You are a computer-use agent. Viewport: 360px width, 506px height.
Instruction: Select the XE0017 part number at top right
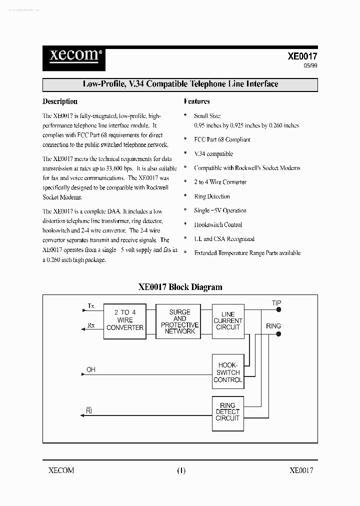click(302, 56)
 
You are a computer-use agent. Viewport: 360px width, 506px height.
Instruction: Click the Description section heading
click(60, 101)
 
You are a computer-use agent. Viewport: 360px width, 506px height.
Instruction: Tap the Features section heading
click(197, 101)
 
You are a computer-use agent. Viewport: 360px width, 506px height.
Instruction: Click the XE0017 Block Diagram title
click(180, 287)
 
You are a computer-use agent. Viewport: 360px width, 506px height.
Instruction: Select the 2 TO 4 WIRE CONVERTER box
click(125, 320)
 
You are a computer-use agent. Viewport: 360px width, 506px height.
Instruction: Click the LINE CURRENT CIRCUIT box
click(228, 321)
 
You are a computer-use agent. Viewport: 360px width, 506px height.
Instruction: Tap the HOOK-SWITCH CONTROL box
click(228, 372)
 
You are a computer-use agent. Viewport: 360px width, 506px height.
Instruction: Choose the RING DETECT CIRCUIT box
click(228, 412)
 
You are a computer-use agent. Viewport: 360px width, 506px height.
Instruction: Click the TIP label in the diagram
click(276, 303)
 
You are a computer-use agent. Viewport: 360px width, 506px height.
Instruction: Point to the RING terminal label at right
click(273, 326)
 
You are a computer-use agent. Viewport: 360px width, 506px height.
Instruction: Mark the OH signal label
click(91, 370)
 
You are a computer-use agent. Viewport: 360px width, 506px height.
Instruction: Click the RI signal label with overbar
click(89, 411)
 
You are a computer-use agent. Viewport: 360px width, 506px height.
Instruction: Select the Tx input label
click(91, 305)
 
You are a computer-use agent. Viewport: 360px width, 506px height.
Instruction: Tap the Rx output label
click(91, 325)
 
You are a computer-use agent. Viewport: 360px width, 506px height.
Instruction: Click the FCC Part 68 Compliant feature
click(222, 140)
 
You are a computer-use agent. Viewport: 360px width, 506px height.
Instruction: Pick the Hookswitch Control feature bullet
click(218, 225)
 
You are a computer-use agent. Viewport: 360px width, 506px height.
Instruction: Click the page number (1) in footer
click(181, 470)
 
